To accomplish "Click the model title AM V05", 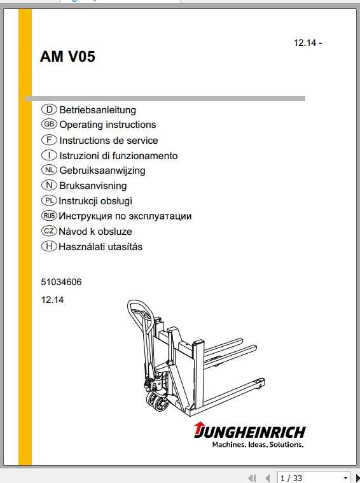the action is (67, 57).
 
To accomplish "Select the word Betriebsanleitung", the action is (97, 110).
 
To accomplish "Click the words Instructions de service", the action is (108, 140).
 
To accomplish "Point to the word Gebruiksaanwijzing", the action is (102, 171).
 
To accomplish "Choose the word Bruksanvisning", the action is (93, 186).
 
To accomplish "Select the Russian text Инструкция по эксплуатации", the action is (125, 216).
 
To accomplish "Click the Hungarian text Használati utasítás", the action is (100, 247).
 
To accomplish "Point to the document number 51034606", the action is (60, 282).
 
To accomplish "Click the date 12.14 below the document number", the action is (52, 299).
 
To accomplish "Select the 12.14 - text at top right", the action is (308, 43).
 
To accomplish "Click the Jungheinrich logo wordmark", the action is (250, 431).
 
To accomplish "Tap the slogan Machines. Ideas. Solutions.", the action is (258, 445).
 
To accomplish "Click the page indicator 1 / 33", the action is (291, 478).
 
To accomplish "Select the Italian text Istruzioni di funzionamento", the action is (118, 155).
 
